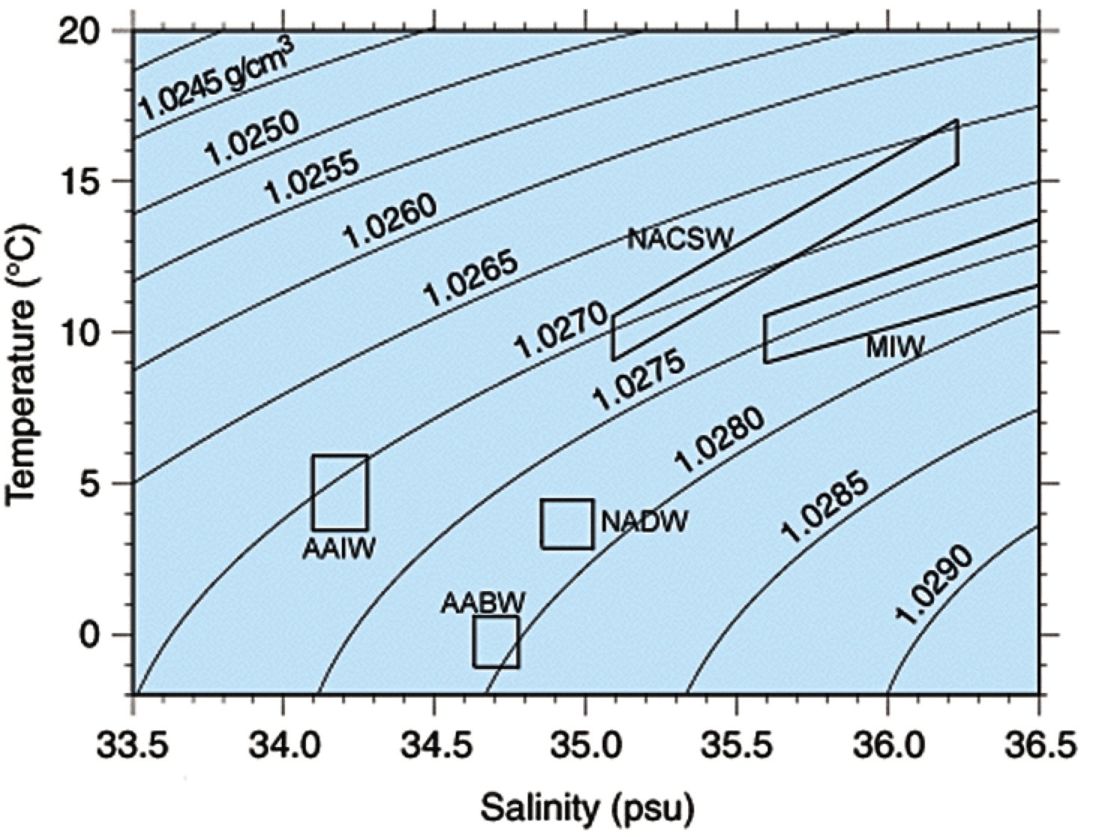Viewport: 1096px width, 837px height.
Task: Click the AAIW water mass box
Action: click(340, 492)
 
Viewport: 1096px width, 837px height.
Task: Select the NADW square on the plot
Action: click(567, 523)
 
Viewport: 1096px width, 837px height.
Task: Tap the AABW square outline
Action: click(496, 641)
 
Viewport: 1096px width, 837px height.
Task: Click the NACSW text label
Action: click(679, 239)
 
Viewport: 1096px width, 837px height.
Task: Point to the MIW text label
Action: click(894, 346)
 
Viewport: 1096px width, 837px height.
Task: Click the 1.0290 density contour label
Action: click(934, 585)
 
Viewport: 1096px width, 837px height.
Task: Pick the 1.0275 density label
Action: click(639, 381)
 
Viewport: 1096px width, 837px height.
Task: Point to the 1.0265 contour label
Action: click(471, 278)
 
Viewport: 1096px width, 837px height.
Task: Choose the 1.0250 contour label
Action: click(252, 138)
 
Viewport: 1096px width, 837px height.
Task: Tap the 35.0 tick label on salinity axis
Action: click(585, 747)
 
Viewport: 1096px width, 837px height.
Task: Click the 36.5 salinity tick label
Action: click(1038, 747)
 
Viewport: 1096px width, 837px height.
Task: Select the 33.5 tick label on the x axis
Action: click(133, 747)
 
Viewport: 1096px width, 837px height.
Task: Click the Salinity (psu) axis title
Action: click(587, 808)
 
